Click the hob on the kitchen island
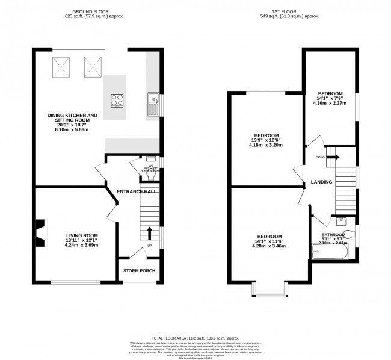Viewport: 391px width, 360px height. click(116, 100)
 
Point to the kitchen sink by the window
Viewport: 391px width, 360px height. click(152, 104)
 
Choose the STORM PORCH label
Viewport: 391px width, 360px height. click(139, 271)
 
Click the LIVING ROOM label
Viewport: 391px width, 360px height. click(82, 235)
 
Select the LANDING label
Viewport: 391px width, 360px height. click(321, 182)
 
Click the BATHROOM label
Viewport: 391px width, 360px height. click(333, 235)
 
